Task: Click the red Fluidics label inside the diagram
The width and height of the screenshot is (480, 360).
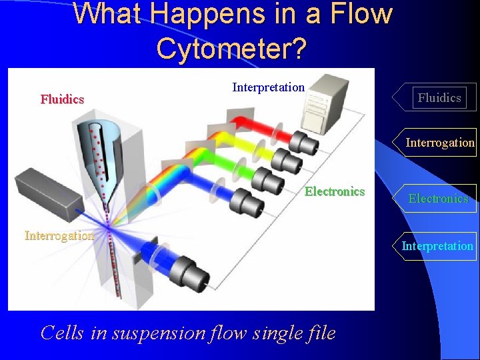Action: pos(62,99)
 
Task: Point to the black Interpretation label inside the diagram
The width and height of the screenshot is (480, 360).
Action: pos(268,87)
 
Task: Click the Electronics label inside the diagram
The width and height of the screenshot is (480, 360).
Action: pos(335,192)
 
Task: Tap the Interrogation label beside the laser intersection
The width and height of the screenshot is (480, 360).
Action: pos(59,235)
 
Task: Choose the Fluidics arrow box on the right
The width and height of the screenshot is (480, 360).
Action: pos(439,98)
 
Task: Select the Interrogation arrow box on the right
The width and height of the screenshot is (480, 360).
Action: pos(439,143)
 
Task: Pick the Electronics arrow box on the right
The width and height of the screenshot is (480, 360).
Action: pos(438,199)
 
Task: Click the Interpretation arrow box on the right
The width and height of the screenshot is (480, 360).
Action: pos(437,246)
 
